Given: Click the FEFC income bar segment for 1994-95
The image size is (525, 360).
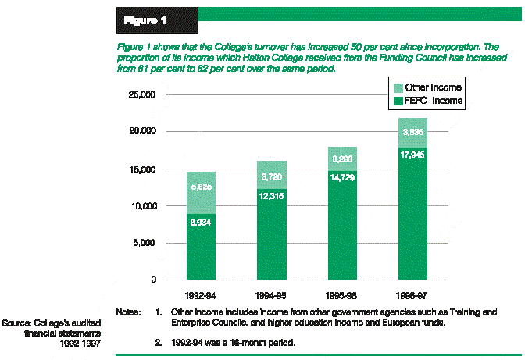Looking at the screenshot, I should coord(272,234).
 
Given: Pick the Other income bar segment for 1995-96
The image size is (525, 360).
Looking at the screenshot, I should coord(342,159).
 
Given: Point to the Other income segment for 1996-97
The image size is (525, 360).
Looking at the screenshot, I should coord(413,133).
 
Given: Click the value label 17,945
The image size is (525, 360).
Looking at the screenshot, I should coord(413,154).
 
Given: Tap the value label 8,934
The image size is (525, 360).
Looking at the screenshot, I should coord(202,223).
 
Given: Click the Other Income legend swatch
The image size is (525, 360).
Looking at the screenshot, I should coord(398,87).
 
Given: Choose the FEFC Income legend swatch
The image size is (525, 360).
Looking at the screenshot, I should coord(398,102).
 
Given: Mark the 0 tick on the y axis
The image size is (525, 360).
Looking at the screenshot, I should coord(154,280).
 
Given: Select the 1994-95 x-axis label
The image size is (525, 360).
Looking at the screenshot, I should coord(272,296).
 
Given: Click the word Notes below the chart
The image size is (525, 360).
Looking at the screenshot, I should coord(128,312).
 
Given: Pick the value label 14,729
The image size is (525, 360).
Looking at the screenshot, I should coord(342,179).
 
